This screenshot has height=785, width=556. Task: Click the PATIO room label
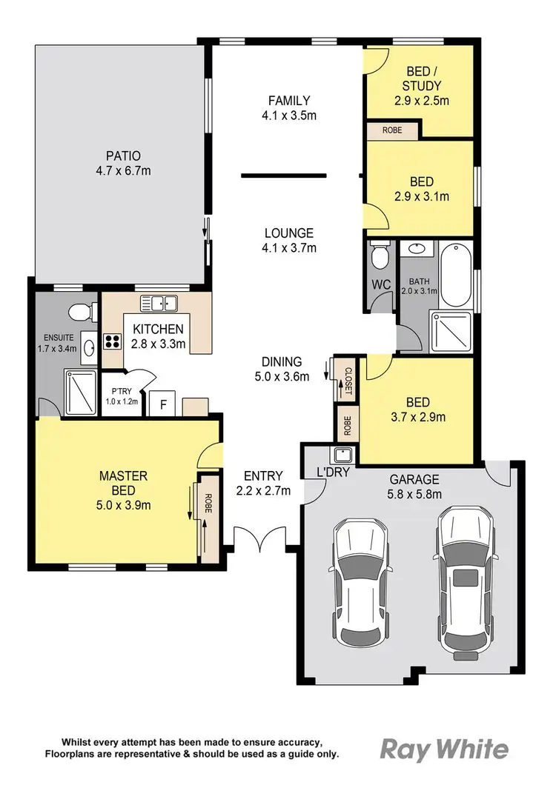[x=122, y=156]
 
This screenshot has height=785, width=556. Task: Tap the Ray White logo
[x=445, y=749]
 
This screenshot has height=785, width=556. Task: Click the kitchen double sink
[x=159, y=302]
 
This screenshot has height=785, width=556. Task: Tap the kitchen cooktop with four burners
[x=113, y=341]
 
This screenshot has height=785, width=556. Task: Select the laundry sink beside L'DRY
[x=342, y=455]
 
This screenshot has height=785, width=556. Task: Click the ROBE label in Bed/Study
[x=391, y=130]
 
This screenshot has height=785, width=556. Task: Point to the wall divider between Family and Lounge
[x=283, y=176]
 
